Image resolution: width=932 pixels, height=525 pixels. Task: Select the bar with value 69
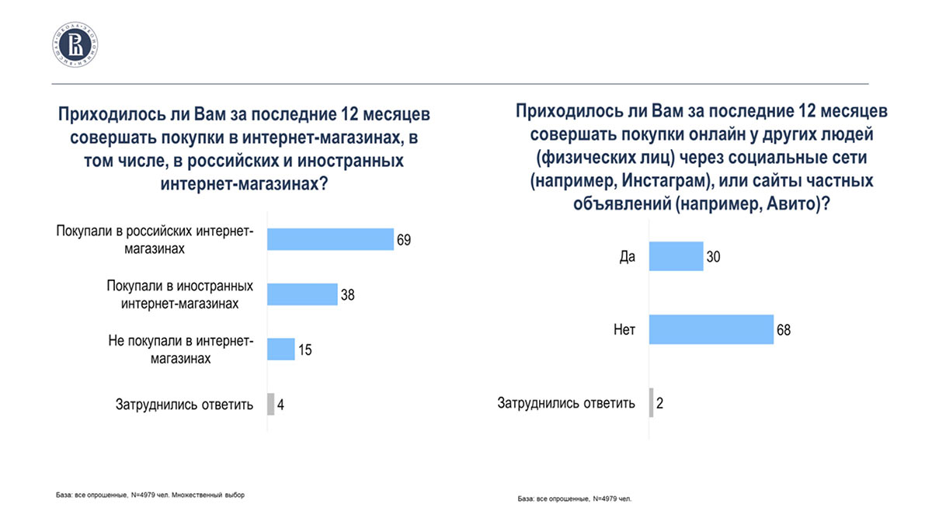(330, 239)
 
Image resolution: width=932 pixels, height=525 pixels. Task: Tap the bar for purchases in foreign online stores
(302, 294)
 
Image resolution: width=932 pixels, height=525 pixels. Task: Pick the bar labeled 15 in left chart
(280, 349)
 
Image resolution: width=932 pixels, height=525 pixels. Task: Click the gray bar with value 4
(270, 405)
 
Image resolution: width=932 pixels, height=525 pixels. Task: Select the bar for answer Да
(675, 256)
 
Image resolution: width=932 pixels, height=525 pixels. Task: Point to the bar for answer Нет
(711, 329)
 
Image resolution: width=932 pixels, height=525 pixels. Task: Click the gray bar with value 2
(651, 403)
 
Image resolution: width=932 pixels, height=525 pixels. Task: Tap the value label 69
(403, 239)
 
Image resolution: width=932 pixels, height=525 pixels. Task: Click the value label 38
(347, 294)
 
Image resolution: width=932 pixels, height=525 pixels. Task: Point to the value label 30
(713, 256)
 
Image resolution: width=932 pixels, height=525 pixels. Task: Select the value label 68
(783, 330)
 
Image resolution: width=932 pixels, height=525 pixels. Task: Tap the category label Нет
(624, 330)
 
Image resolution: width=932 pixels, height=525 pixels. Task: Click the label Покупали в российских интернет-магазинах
(155, 240)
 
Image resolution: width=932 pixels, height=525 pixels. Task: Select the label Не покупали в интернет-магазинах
(178, 349)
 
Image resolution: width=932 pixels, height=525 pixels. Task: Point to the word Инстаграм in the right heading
(648, 180)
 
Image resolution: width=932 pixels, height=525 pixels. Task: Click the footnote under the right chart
(575, 498)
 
